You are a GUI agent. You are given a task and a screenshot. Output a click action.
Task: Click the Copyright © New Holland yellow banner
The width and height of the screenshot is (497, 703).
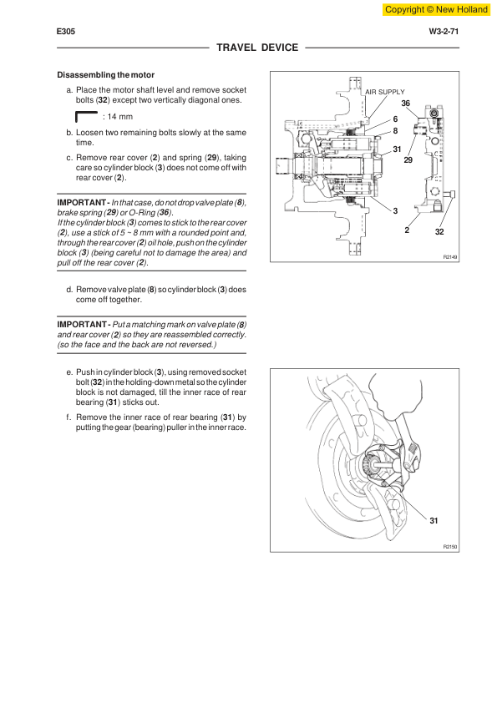pos(436,9)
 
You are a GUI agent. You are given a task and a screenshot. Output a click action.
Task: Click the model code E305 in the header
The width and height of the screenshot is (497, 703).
pos(66,32)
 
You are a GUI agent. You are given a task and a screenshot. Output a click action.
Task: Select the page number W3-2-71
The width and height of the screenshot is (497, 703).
pos(444,32)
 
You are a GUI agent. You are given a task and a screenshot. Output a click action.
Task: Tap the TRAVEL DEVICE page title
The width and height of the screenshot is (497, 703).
pos(257,48)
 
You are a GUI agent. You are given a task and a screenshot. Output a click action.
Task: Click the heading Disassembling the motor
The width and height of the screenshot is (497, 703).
pos(106,75)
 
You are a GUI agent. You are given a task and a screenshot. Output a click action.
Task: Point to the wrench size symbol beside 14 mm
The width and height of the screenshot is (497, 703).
pos(87,116)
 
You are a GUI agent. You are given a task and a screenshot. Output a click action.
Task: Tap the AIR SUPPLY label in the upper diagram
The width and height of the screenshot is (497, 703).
pos(385,92)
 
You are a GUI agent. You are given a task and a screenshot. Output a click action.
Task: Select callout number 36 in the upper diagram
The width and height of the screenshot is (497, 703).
pos(405,104)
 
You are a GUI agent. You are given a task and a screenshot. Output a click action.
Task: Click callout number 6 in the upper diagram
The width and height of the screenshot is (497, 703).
pos(395,119)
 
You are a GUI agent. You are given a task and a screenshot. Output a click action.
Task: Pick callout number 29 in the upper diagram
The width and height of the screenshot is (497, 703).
pos(408,160)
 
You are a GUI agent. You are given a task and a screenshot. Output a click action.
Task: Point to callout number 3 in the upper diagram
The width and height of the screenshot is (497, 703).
pos(395,210)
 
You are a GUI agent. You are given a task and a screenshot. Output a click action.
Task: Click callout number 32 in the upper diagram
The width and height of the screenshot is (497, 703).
pos(439,232)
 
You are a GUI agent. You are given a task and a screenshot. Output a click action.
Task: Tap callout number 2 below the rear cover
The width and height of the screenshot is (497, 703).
pos(407,230)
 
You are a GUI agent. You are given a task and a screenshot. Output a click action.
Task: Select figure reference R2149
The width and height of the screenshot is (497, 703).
pos(450,257)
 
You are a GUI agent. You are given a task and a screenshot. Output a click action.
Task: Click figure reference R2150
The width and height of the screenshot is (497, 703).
pos(450,547)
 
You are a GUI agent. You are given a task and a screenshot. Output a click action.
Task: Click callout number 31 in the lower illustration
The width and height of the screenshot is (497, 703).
pos(434,520)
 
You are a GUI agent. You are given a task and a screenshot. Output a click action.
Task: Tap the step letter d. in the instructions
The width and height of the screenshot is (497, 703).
pos(69,290)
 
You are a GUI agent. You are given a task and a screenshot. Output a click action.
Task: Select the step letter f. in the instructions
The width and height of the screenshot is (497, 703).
pos(68,417)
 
